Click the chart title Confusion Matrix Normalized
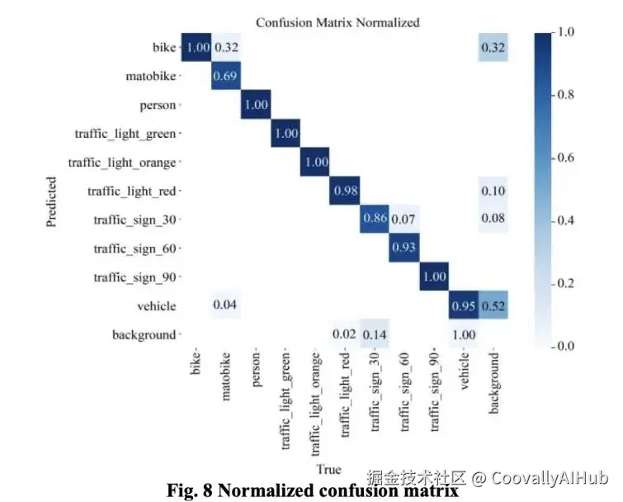click(x=337, y=22)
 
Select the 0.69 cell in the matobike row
click(x=226, y=77)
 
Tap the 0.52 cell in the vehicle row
click(x=492, y=305)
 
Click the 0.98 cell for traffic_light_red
click(x=345, y=192)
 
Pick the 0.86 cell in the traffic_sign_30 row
click(x=375, y=220)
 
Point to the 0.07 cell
click(x=404, y=220)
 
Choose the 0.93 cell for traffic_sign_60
click(x=404, y=249)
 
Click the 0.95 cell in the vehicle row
click(x=463, y=305)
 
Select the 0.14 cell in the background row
click(x=375, y=334)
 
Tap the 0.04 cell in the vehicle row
click(x=226, y=305)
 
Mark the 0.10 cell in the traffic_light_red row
click(x=492, y=192)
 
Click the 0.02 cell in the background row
click(x=345, y=334)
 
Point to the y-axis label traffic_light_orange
click(x=123, y=163)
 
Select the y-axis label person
click(x=158, y=106)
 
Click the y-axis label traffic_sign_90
click(x=135, y=277)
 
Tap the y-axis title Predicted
click(x=52, y=201)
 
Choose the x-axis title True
click(x=328, y=469)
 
